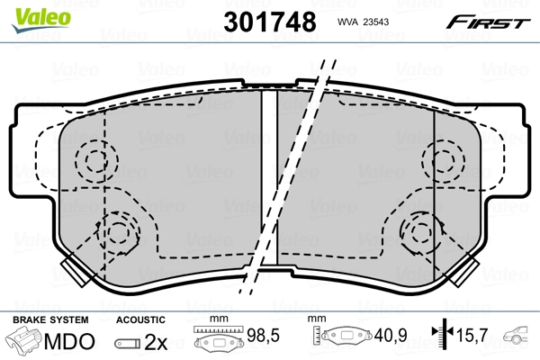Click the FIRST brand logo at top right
(489, 21)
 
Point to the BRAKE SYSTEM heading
(49, 319)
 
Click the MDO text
(68, 342)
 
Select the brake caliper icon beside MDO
(25, 342)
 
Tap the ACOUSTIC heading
(141, 319)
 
